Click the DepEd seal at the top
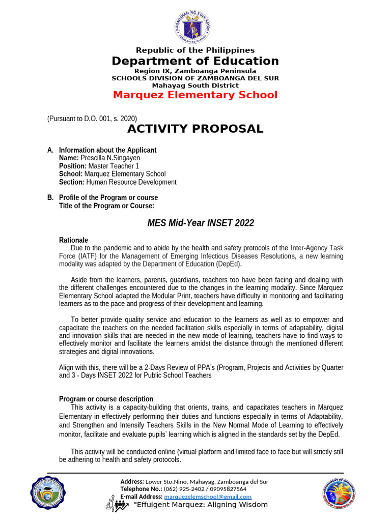click(195, 26)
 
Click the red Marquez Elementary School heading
click(195, 95)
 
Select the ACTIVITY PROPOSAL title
click(195, 129)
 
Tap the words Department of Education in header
click(195, 62)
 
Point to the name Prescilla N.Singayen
click(110, 158)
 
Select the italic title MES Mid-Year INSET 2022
click(201, 223)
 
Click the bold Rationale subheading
click(73, 240)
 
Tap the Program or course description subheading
click(106, 399)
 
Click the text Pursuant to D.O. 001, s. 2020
click(92, 119)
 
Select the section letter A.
click(50, 150)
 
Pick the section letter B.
click(50, 197)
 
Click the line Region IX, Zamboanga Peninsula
click(195, 71)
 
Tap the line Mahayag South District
click(195, 85)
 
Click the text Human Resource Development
click(131, 182)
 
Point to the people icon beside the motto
click(118, 505)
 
